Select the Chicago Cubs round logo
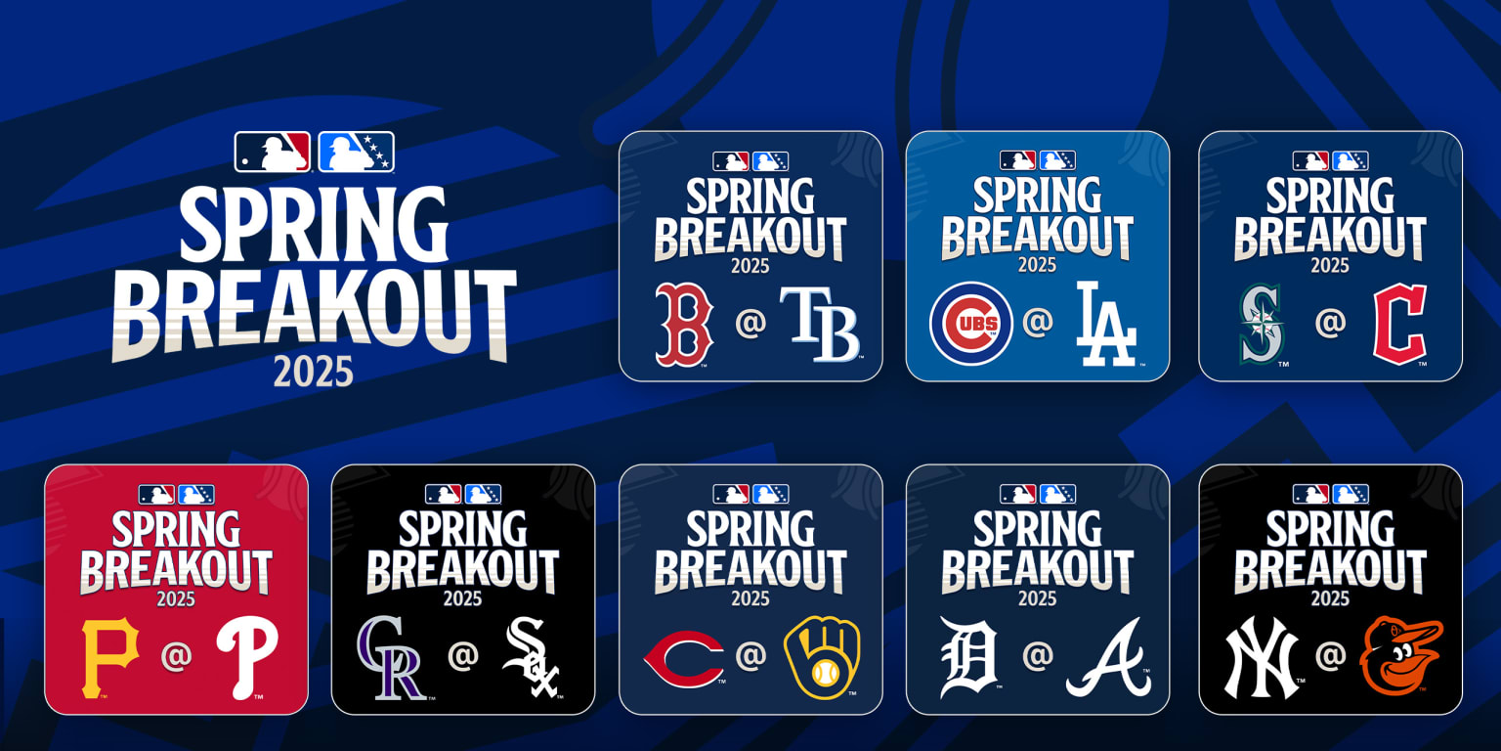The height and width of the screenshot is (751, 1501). [x=970, y=324]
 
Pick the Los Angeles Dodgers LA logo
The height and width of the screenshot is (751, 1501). [x=1106, y=324]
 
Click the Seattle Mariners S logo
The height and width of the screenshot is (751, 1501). [x=1262, y=324]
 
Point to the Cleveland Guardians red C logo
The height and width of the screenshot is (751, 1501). [x=1399, y=324]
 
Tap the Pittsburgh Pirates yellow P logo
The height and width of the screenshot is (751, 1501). [x=109, y=657]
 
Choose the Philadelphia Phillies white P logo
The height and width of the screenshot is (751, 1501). [x=246, y=657]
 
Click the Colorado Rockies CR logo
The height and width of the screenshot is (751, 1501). [x=391, y=657]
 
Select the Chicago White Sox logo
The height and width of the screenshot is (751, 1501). [x=531, y=657]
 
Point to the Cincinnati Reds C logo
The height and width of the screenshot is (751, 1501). [x=683, y=658]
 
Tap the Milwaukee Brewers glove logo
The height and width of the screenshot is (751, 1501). [x=822, y=657]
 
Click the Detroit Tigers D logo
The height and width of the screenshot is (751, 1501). [x=969, y=657]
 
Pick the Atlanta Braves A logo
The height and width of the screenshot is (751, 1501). [x=1107, y=657]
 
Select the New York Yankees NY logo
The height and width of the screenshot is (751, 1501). [x=1261, y=657]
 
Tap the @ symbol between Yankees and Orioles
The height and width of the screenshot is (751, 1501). [x=1330, y=656]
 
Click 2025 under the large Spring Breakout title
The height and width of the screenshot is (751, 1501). [x=313, y=372]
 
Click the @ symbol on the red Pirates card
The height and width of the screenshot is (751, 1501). [x=177, y=656]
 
